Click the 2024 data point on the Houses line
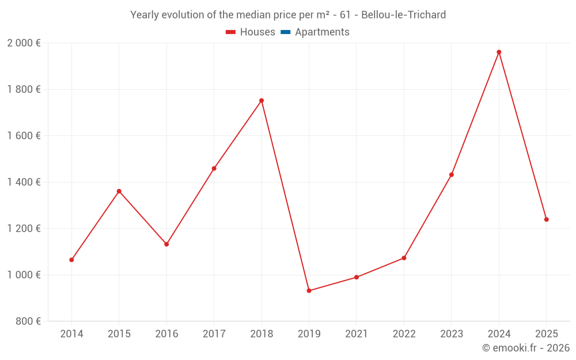coord(499,52)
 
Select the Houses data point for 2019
coord(309,291)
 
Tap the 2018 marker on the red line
coord(262,101)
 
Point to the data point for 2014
coord(71,260)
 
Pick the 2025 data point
coord(546,219)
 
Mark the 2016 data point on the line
coord(166,244)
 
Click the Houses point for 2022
coord(404,258)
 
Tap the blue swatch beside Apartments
coord(285,32)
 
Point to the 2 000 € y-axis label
coord(24,43)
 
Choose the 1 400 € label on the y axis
coord(24,182)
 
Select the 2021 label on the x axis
coord(357,334)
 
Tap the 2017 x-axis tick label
coord(214,334)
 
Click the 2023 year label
coord(452,334)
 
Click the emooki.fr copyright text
coord(526,348)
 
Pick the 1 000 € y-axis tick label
coord(24,275)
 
